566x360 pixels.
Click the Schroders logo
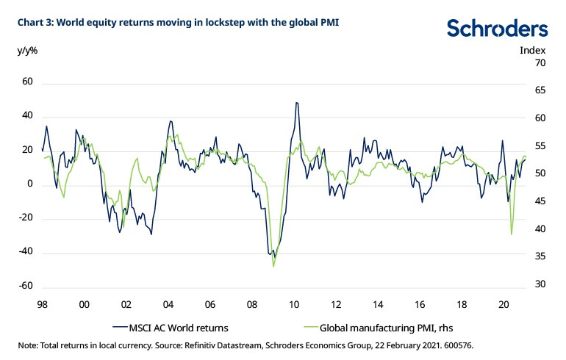pyautogui.click(x=497, y=29)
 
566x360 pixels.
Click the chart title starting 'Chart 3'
pyautogui.click(x=176, y=21)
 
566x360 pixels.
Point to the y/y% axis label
pyautogui.click(x=26, y=51)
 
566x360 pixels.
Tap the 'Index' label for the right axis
pyautogui.click(x=533, y=51)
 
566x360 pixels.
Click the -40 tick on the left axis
pyautogui.click(x=25, y=253)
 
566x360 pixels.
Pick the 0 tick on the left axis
pyautogui.click(x=30, y=185)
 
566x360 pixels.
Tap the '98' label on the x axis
pyautogui.click(x=42, y=303)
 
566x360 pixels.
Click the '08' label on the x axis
pyautogui.click(x=252, y=303)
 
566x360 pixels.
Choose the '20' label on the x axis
pyautogui.click(x=504, y=303)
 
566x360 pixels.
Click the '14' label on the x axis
pyautogui.click(x=378, y=303)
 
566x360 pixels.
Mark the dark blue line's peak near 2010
pyautogui.click(x=296, y=103)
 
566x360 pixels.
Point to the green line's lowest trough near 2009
pyautogui.click(x=273, y=266)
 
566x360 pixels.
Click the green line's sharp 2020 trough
pyautogui.click(x=512, y=234)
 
